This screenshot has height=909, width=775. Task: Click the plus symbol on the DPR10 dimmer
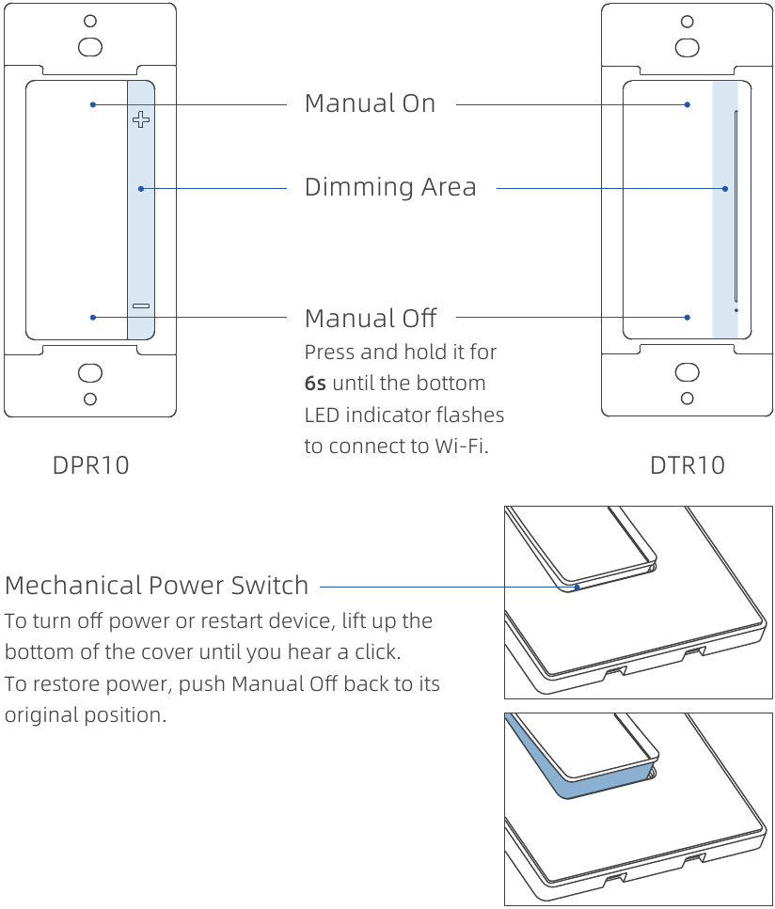[x=141, y=119]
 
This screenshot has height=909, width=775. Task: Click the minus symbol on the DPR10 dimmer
[x=141, y=306]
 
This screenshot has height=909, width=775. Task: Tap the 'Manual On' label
[x=370, y=103]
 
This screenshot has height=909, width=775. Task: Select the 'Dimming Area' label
[x=390, y=187]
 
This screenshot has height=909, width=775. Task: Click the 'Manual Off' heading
[x=371, y=318]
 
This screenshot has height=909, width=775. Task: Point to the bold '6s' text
[x=315, y=384]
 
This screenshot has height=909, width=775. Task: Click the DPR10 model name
[x=90, y=464]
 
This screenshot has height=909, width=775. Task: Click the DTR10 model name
[x=688, y=464]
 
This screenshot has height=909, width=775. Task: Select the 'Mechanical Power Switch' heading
[x=156, y=585]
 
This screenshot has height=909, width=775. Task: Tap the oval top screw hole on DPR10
[x=90, y=46]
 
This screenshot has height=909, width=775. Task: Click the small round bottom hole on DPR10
[x=90, y=399]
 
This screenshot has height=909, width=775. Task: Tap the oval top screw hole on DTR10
[x=688, y=46]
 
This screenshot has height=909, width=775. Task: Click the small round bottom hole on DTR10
[x=688, y=399]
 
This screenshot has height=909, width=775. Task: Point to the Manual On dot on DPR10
[x=93, y=104]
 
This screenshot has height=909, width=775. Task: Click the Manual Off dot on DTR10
[x=688, y=318]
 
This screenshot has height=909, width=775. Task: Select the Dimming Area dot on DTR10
[x=725, y=189]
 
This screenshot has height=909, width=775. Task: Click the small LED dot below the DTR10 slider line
[x=735, y=309]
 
